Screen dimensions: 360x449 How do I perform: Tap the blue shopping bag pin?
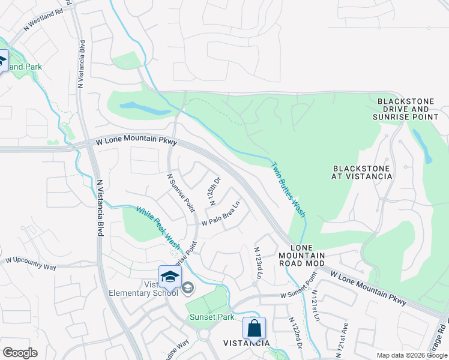(x=254, y=328)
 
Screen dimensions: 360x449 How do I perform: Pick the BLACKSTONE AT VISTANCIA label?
(x=361, y=172)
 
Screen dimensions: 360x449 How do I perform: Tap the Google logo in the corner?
(x=20, y=352)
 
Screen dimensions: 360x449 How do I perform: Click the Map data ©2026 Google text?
(x=411, y=355)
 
